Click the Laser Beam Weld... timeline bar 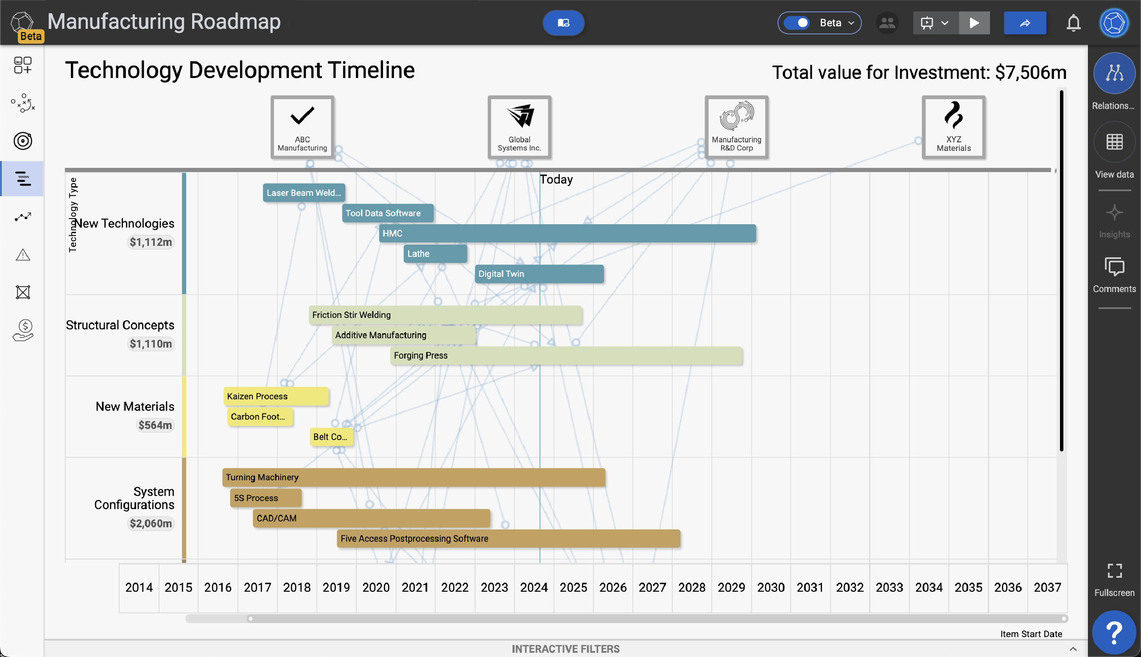303,193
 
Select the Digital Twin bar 539,274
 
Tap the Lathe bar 435,253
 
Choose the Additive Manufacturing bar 403,335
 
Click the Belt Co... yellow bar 331,437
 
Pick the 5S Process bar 265,498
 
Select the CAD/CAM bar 371,518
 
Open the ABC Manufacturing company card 302,127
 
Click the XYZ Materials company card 953,127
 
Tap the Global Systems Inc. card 519,127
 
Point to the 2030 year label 770,587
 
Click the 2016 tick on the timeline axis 218,587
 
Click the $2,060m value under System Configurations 151,523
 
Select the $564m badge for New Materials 155,425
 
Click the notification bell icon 1073,22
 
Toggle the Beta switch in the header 797,22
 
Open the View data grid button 1114,142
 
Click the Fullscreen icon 1114,571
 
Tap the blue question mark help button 1114,632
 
